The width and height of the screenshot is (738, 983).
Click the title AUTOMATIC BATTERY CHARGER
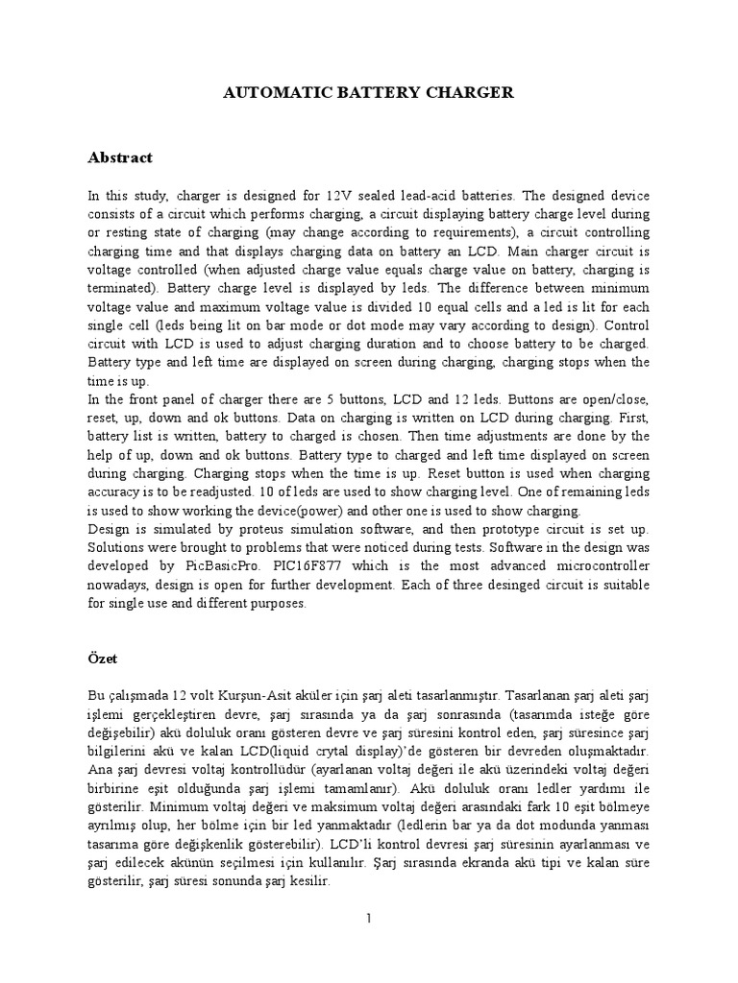[369, 92]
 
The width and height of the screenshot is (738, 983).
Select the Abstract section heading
[120, 157]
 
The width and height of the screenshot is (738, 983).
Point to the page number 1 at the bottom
[368, 919]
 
